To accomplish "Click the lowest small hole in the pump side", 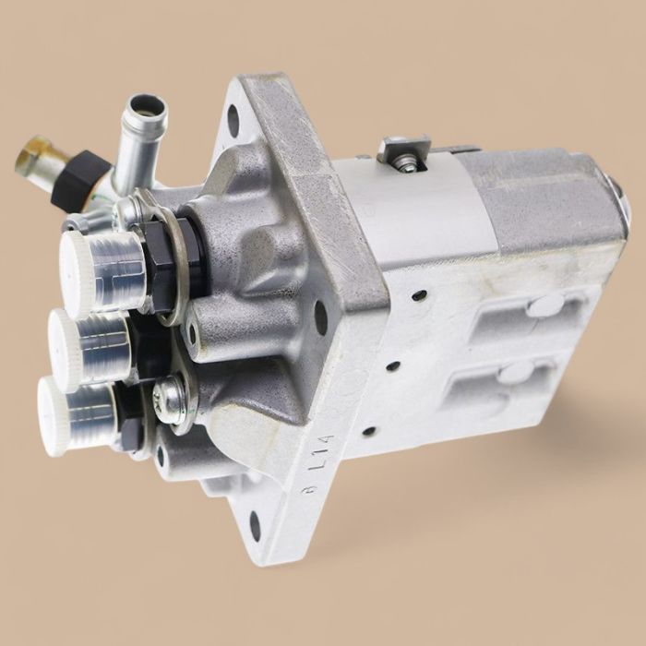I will [369, 430].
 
